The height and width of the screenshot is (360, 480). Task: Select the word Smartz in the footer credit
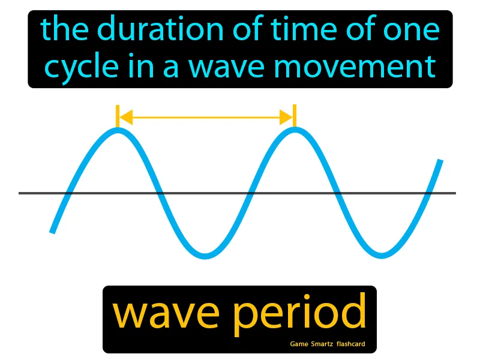(327, 344)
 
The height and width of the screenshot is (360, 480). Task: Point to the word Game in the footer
(300, 344)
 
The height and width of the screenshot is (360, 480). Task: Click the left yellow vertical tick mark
(118, 115)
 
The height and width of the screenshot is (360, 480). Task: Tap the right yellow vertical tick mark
(295, 115)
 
